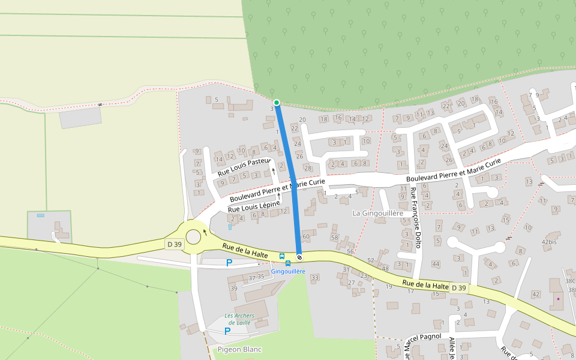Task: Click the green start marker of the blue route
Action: point(277,103)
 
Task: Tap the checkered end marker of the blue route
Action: point(299,257)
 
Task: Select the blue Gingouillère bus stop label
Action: point(288,271)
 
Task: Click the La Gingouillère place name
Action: point(377,213)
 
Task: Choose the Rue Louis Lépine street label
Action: point(254,205)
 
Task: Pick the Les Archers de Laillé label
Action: point(239,319)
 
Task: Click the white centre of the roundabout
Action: point(193,237)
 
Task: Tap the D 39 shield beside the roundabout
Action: point(174,244)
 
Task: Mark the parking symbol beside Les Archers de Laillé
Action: point(227,331)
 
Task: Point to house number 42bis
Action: point(549,242)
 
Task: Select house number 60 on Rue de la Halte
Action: point(306,237)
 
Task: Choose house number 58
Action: point(334,238)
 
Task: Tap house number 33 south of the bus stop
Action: point(314,277)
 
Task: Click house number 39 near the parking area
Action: point(233,289)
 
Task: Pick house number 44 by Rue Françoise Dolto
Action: point(436,264)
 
